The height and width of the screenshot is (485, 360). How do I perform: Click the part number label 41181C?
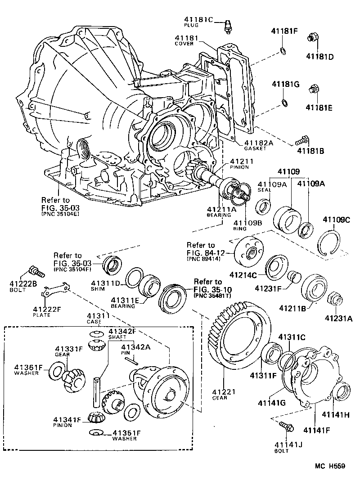point(198,19)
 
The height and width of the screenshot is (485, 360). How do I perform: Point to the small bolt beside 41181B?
point(301,140)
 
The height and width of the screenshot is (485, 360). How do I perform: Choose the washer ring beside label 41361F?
point(54,372)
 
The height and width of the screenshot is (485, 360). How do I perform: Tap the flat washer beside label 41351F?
point(95,433)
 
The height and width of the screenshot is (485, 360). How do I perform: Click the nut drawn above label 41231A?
point(335,299)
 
